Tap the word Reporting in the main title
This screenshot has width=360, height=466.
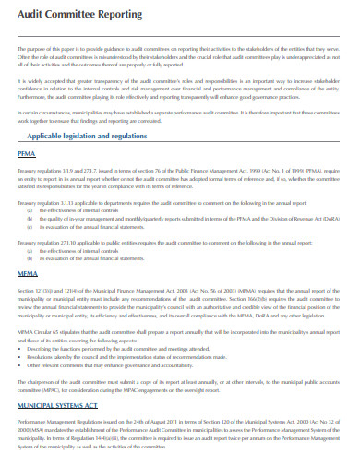pyautogui.click(x=118, y=16)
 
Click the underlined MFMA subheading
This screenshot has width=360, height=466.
pyautogui.click(x=28, y=275)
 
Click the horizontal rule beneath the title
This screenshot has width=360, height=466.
pyautogui.click(x=180, y=31)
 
